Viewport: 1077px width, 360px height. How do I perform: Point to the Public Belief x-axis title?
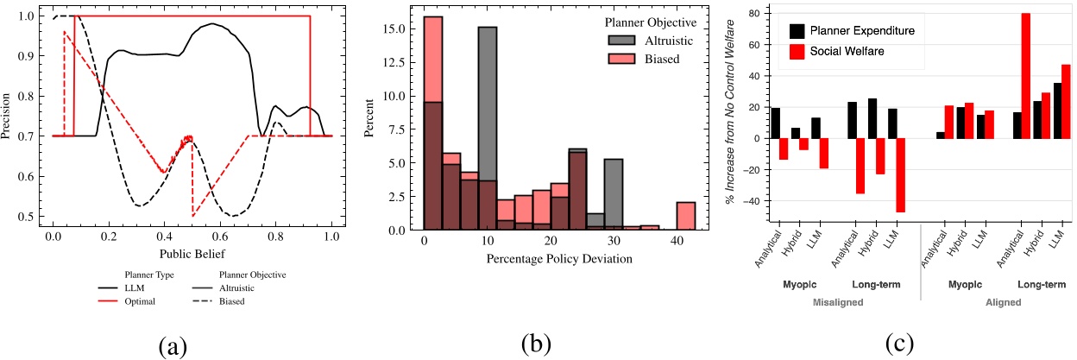click(192, 255)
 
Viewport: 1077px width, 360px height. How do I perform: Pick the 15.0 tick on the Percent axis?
click(399, 28)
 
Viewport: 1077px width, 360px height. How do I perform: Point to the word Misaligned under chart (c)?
click(829, 302)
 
